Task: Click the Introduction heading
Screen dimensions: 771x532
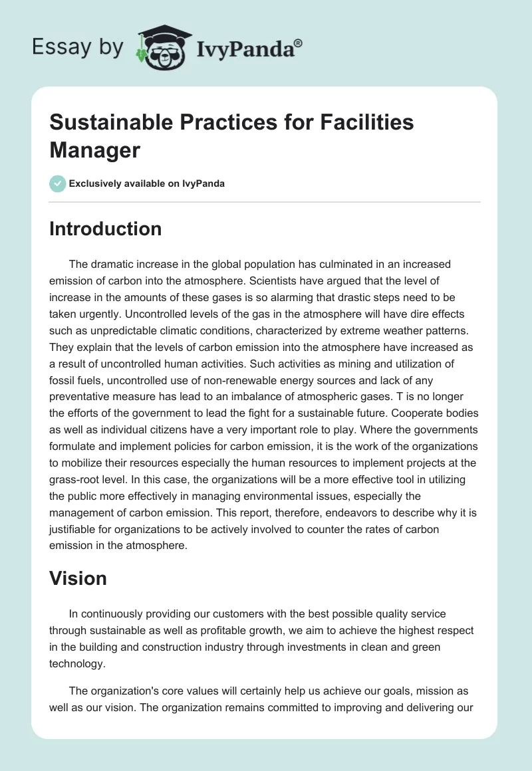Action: point(105,229)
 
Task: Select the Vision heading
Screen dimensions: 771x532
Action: point(78,578)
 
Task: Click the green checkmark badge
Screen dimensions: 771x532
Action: point(57,184)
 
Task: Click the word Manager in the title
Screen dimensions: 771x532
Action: point(94,150)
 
